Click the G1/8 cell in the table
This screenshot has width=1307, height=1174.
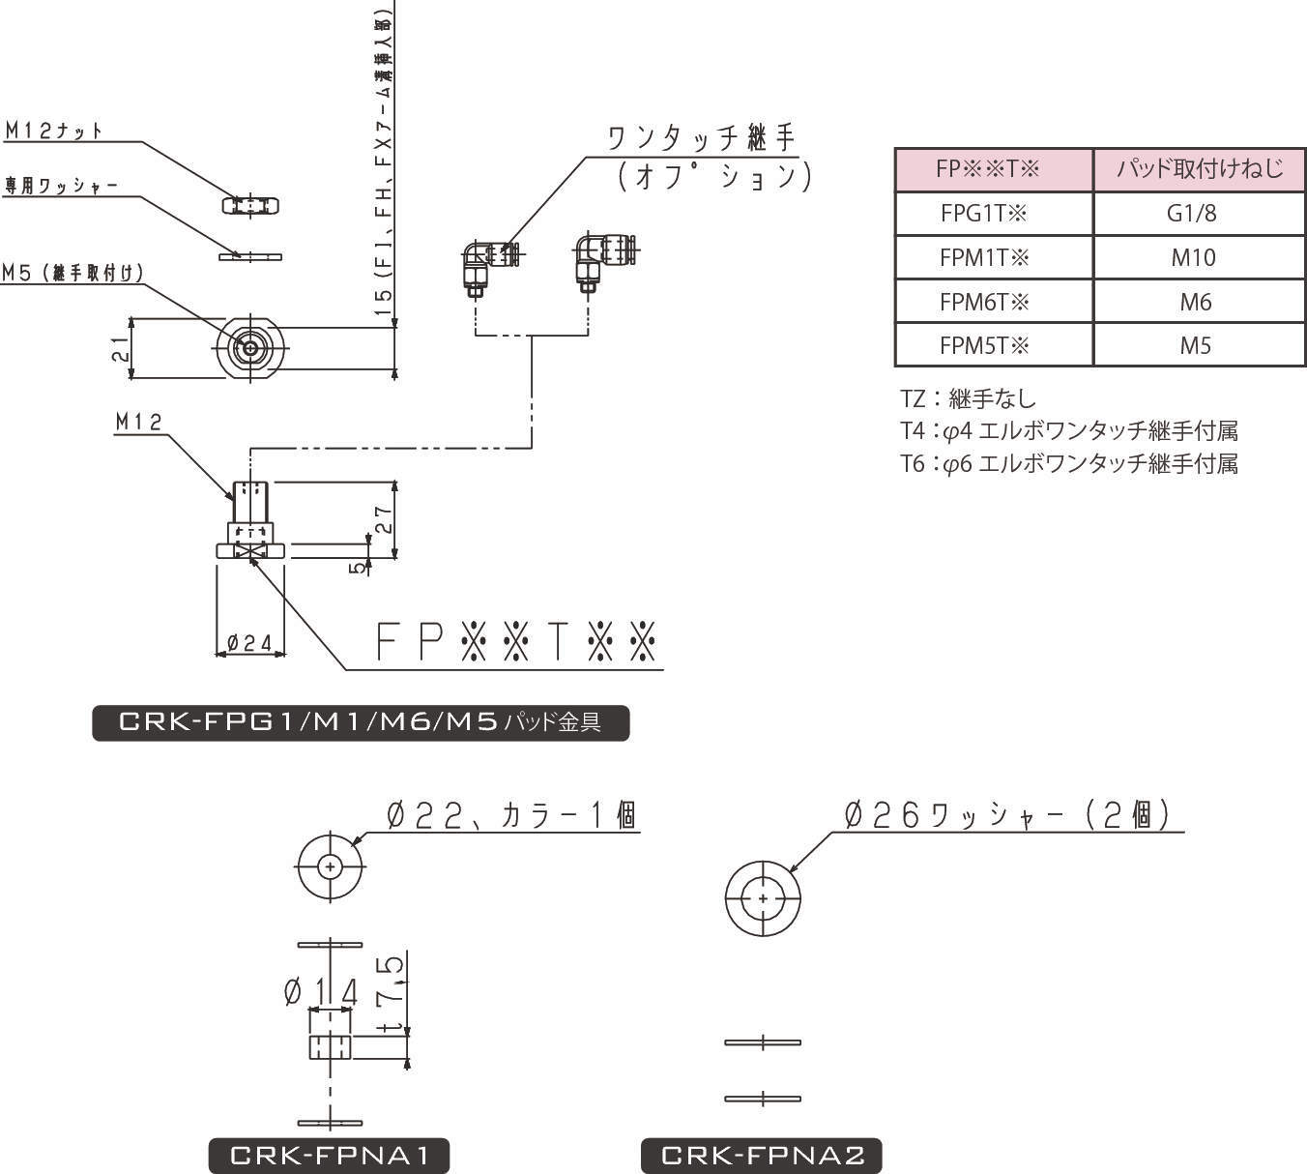1198,214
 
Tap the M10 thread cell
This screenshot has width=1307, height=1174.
1198,258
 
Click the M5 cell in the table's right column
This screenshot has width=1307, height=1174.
1198,346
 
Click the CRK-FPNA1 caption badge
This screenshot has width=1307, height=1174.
329,1156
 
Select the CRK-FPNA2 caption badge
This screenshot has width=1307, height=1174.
762,1156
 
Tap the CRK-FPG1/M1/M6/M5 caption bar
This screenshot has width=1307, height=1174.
360,722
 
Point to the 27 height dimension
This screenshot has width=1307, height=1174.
383,520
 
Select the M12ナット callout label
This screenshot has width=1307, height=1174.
54,131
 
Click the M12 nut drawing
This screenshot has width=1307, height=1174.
250,205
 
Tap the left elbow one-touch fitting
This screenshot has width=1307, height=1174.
488,263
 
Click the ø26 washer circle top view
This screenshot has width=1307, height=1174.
763,898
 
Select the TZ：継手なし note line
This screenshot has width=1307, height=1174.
968,398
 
